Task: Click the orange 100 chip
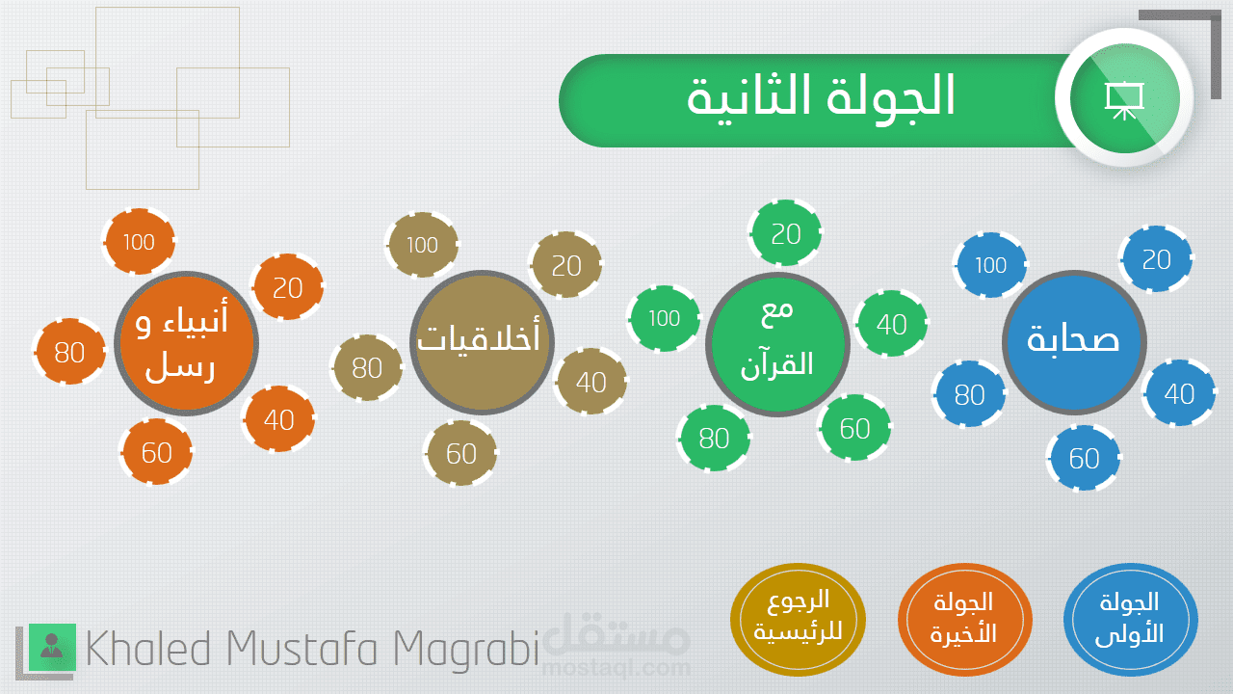click(139, 241)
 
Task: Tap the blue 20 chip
click(1156, 258)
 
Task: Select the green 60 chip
click(854, 427)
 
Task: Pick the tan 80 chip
click(367, 367)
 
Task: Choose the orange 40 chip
click(278, 419)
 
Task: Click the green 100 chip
click(665, 318)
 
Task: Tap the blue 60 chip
click(1084, 457)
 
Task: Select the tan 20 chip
click(565, 265)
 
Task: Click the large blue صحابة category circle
click(1074, 342)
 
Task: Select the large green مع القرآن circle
click(777, 344)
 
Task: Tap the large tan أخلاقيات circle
click(482, 342)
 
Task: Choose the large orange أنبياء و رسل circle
click(186, 343)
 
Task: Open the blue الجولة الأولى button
click(1131, 620)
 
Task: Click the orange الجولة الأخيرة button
click(965, 620)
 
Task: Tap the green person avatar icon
click(52, 647)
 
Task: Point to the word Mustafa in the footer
click(302, 649)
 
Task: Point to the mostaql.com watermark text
click(616, 668)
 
